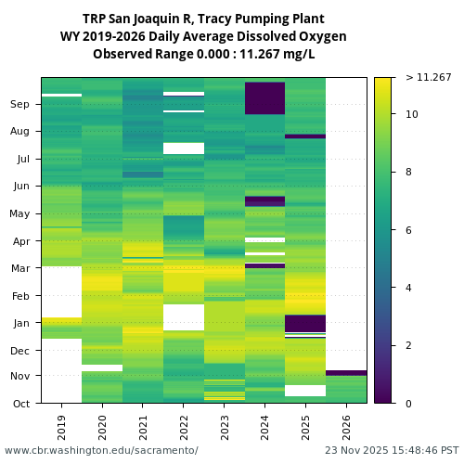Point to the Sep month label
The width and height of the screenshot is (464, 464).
tap(20, 105)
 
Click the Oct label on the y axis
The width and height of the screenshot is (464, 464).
tap(21, 404)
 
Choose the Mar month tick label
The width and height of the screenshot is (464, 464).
tap(20, 269)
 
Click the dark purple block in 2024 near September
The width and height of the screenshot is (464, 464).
tap(264, 97)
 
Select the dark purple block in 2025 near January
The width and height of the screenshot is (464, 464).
tap(305, 323)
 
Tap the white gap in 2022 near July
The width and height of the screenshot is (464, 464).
tap(183, 148)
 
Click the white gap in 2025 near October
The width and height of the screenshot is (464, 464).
tap(305, 391)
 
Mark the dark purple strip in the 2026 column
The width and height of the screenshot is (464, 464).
tap(346, 373)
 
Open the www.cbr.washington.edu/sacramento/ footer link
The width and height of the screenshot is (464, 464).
tap(101, 450)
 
